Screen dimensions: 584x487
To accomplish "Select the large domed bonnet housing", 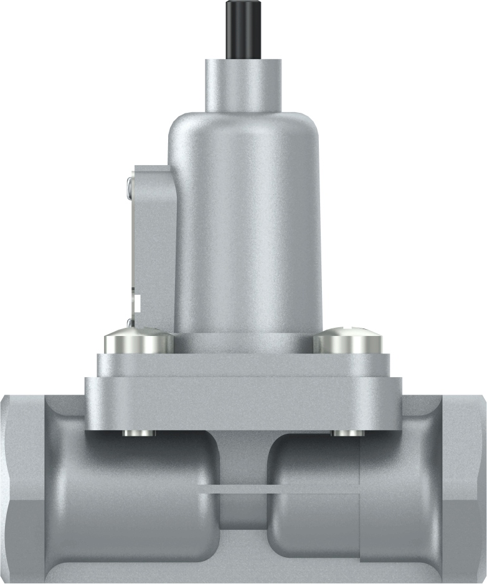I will [245, 218].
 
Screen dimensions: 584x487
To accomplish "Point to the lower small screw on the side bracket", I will [130, 323].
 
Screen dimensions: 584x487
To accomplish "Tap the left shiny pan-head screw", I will [139, 342].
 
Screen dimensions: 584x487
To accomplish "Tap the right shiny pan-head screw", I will [346, 342].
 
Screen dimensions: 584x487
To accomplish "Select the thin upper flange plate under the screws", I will [243, 365].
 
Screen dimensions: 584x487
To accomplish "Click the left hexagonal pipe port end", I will [22, 486].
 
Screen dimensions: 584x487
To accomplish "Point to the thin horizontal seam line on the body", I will [280, 491].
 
